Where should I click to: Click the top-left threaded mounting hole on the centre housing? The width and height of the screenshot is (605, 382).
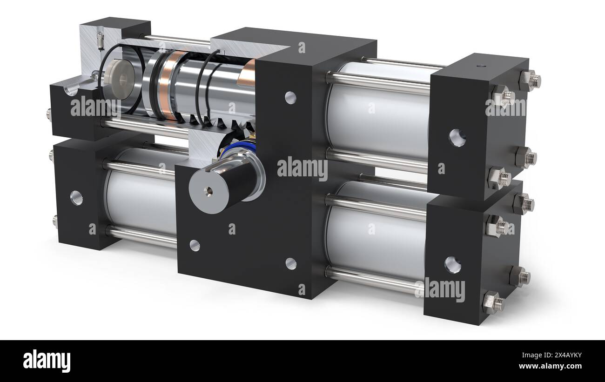coord(290,97)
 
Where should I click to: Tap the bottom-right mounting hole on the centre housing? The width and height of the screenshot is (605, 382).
coord(290,264)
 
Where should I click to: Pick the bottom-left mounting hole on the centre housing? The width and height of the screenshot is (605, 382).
coord(195,245)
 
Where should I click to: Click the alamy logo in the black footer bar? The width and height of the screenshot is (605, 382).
coord(47,361)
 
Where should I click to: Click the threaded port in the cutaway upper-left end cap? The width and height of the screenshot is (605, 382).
coord(71,89)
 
